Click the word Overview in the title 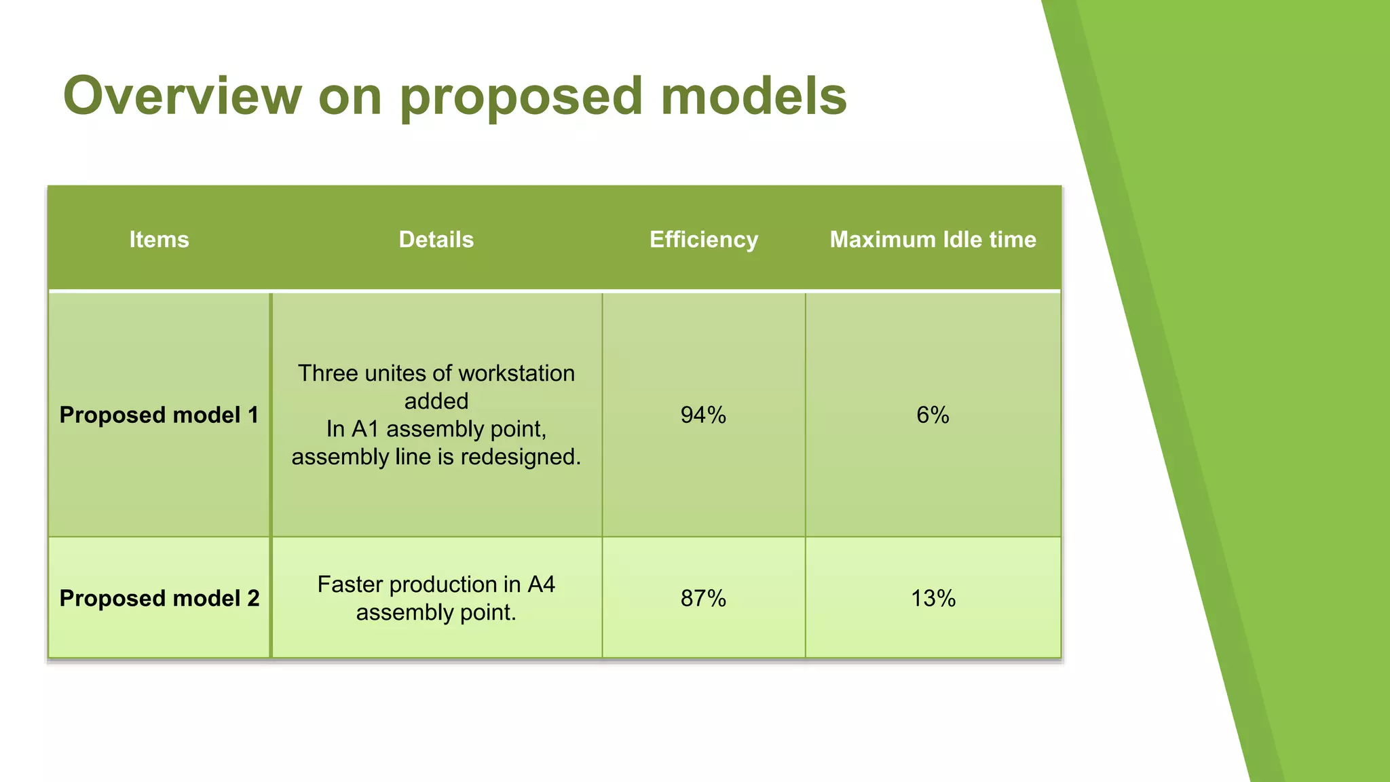(x=182, y=96)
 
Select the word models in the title (x=753, y=96)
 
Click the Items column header (x=159, y=240)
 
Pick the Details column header (x=436, y=240)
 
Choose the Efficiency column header (x=703, y=240)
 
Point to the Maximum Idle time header (x=933, y=240)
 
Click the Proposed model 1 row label (x=159, y=415)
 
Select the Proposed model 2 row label (x=159, y=598)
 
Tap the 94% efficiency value (x=703, y=415)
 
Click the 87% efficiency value (x=703, y=598)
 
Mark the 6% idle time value (x=933, y=415)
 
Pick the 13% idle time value (x=933, y=598)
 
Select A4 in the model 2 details (x=541, y=584)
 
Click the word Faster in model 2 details (x=350, y=584)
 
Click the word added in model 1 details (x=436, y=401)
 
